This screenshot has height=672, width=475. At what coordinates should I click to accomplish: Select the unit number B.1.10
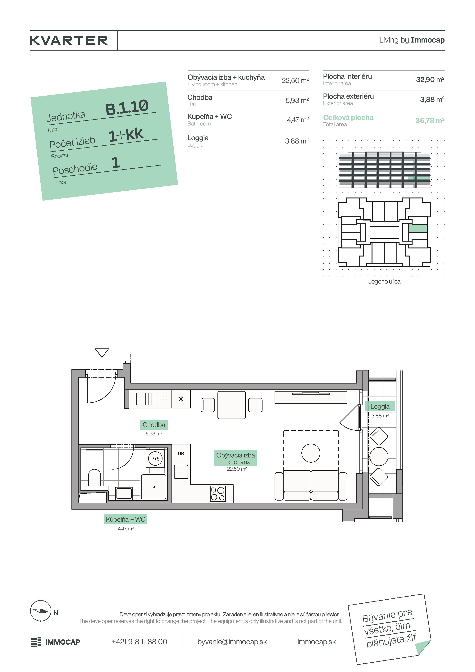pos(127,107)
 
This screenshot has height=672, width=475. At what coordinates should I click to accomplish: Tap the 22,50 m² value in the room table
pos(295,80)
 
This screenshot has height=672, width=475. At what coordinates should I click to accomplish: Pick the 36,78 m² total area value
pos(430,120)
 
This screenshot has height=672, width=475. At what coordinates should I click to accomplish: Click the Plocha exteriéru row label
pos(348,96)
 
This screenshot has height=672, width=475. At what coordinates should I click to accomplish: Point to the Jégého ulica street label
pos(384,282)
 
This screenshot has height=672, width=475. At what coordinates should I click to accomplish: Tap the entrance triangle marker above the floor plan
pos(102,352)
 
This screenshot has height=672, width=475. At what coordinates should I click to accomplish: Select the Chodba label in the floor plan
pos(154,425)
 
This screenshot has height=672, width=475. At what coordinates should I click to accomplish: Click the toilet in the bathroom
pos(94,478)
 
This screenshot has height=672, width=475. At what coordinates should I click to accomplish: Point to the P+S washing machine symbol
pos(155,459)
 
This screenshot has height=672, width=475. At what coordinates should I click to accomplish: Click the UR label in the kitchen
pos(181,454)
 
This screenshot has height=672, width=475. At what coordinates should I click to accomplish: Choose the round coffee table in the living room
pos(311,453)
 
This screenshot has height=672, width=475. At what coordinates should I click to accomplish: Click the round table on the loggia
pos(379,456)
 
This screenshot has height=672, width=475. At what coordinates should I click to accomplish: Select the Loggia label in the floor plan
pos(380,406)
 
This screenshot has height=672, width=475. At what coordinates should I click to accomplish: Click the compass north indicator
pos(41,611)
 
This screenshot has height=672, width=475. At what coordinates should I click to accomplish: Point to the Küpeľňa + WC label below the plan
pos(126,519)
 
